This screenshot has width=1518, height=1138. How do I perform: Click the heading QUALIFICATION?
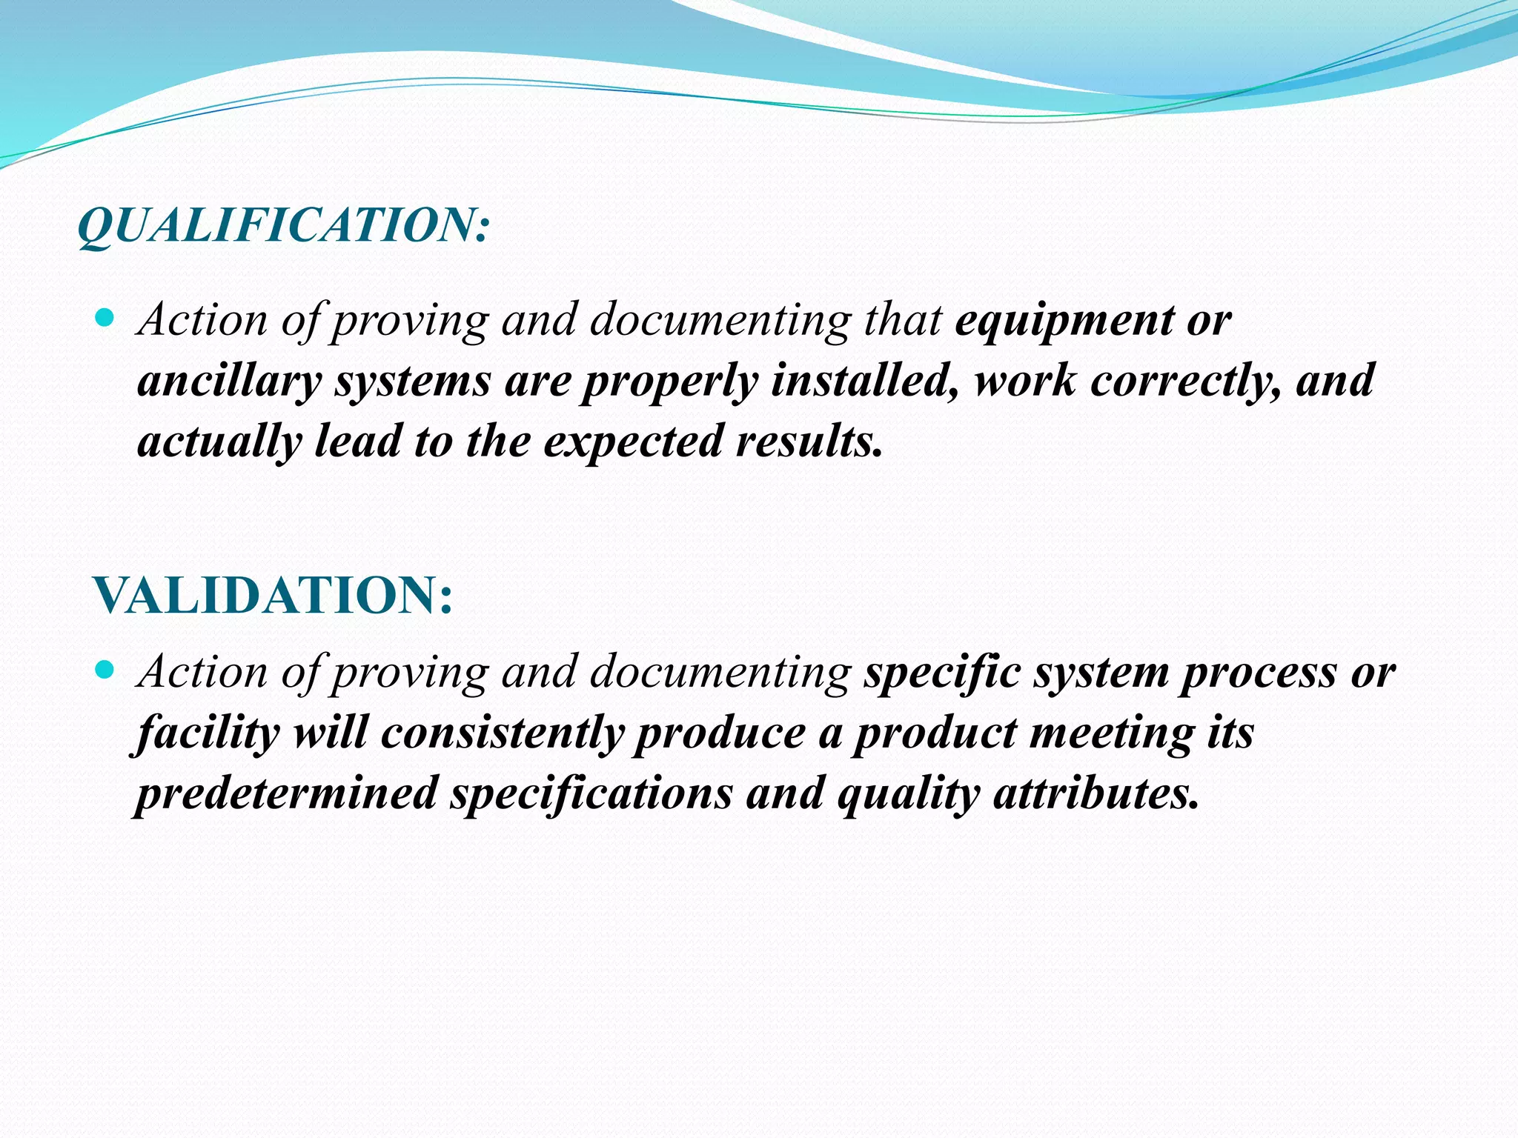(x=283, y=225)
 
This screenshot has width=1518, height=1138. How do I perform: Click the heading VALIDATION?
(x=273, y=595)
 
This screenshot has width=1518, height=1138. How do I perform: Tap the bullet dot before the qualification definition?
(x=105, y=319)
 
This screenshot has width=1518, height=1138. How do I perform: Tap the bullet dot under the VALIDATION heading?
(x=105, y=671)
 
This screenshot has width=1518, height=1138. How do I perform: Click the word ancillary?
(x=229, y=381)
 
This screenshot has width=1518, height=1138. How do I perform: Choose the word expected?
(x=633, y=442)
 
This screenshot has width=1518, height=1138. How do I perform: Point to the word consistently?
(x=503, y=733)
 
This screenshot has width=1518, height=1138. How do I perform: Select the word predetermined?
(x=287, y=793)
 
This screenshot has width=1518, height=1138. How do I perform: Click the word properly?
(x=669, y=381)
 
